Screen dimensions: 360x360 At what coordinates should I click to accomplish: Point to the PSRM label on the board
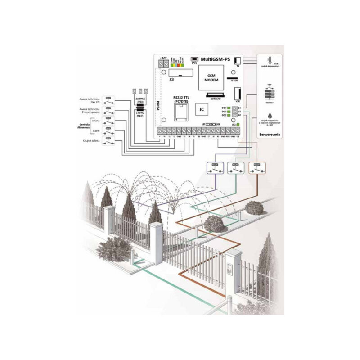[158, 108]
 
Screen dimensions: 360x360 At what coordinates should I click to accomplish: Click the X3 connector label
[171, 79]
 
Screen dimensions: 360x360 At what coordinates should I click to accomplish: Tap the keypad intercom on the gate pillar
[230, 270]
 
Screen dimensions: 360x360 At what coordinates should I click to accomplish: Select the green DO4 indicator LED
[229, 108]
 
